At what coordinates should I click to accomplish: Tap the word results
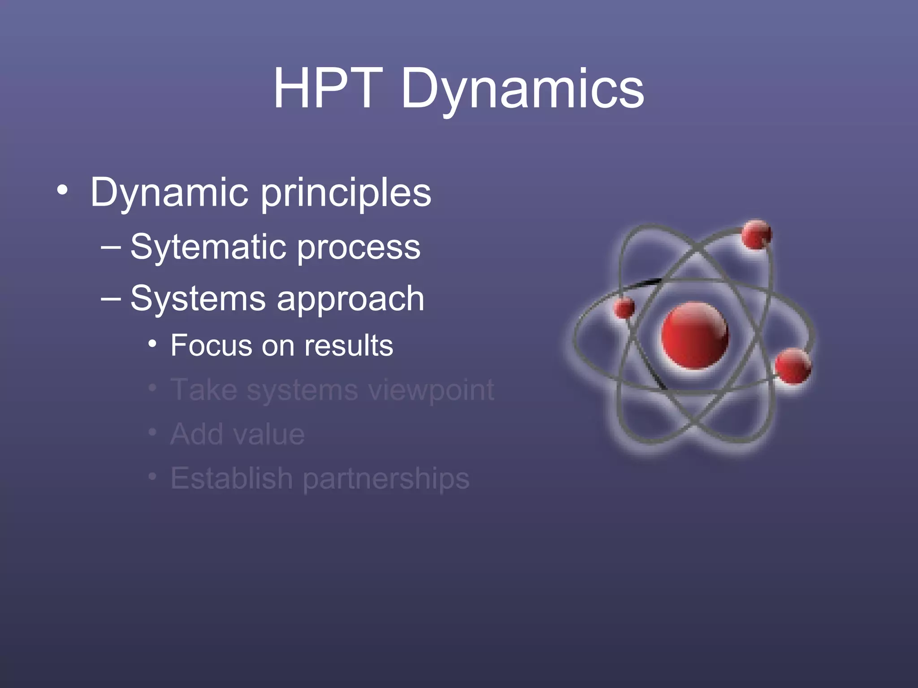[x=348, y=346]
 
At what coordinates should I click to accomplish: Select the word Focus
[x=212, y=346]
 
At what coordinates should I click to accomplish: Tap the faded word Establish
[x=232, y=478]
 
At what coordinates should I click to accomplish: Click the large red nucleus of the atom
[x=694, y=335]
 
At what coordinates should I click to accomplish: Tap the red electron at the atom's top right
[x=756, y=234]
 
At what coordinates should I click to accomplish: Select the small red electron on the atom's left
[x=624, y=308]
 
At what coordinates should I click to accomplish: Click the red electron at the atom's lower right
[x=792, y=366]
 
